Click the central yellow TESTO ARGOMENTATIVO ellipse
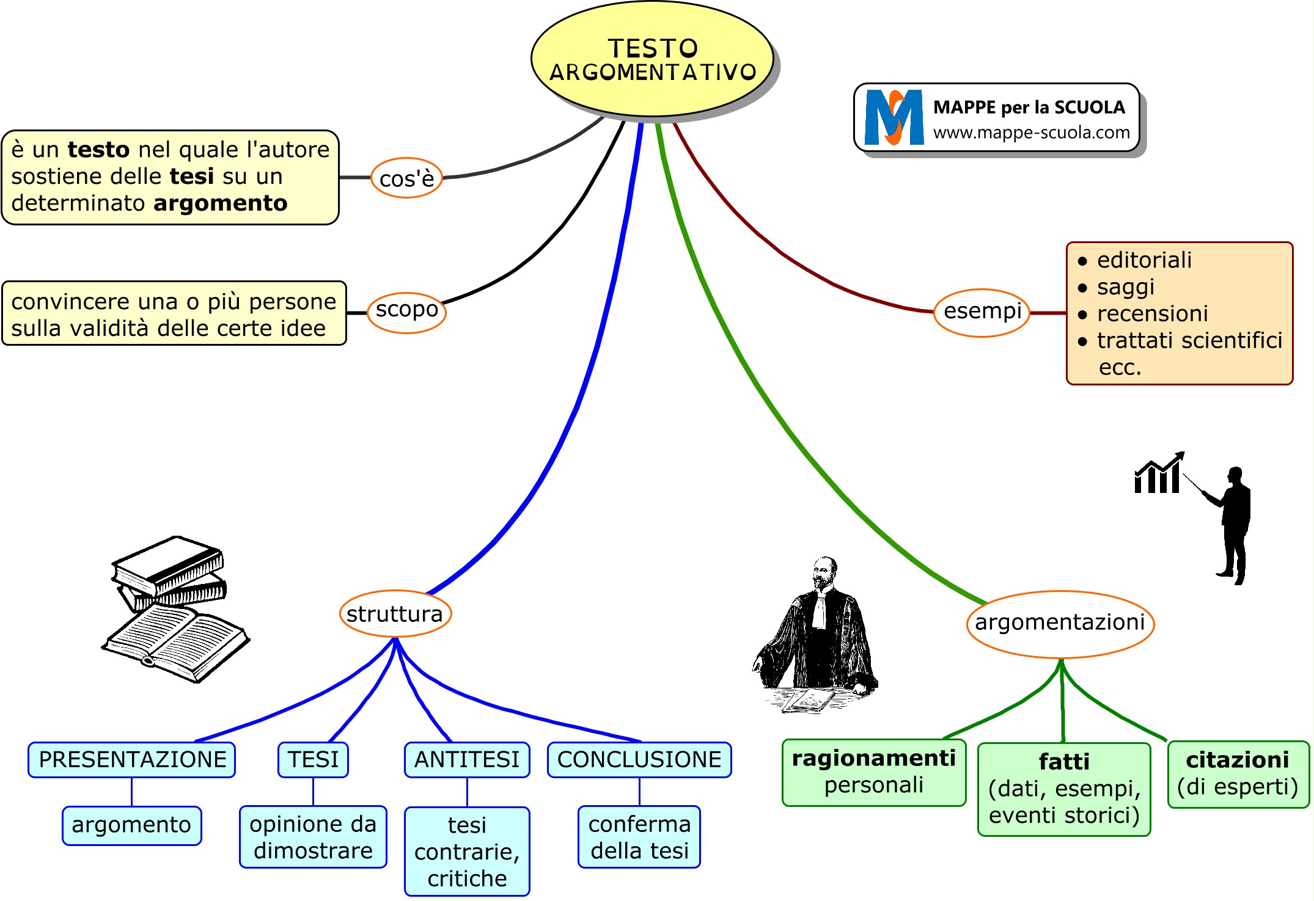[652, 59]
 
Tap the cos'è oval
[406, 178]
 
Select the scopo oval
[406, 312]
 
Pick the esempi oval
[982, 312]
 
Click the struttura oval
[395, 613]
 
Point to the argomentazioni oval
[1060, 623]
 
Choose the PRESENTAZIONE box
[132, 759]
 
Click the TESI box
[313, 759]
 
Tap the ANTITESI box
[467, 759]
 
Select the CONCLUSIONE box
[639, 759]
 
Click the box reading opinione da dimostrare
[313, 837]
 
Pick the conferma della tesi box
[639, 837]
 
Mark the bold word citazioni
[1238, 759]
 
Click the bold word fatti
[1064, 762]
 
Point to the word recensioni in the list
[1153, 313]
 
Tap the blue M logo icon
[894, 117]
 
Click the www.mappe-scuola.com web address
[1031, 133]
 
